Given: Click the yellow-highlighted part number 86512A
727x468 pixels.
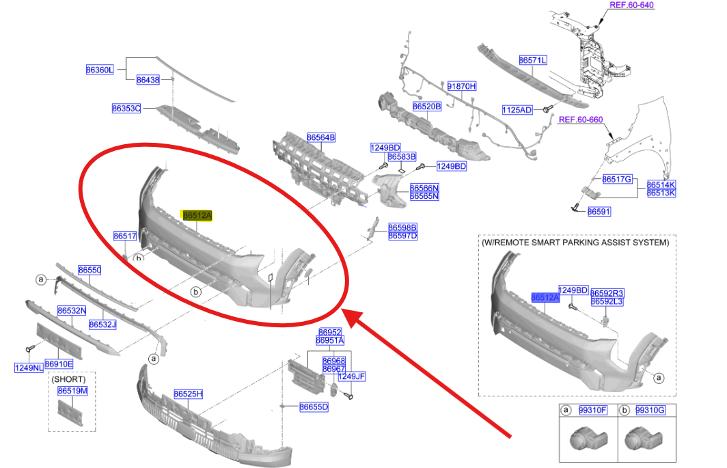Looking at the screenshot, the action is tap(197, 216).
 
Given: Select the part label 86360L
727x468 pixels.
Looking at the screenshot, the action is tap(100, 70).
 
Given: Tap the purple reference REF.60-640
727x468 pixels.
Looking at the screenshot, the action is tap(631, 5).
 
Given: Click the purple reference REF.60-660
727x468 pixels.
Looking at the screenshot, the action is tap(581, 120).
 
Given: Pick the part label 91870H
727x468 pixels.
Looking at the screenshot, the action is tap(462, 86).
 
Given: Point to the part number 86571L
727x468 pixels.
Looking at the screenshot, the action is tap(533, 60).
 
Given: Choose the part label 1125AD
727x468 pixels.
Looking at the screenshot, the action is tap(517, 110).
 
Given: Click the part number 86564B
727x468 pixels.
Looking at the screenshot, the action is tap(321, 138).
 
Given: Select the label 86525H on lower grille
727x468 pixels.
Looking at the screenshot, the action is tap(189, 394).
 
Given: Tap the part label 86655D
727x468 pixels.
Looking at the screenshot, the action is tap(314, 407).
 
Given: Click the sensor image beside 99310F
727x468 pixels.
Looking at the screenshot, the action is tap(588, 439).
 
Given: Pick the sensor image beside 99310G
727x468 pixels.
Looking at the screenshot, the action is tap(643, 439).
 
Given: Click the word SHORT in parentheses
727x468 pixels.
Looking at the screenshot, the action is tap(68, 379).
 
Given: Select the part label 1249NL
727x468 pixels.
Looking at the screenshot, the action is tap(29, 368).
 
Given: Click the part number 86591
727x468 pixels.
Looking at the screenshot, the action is tap(599, 212).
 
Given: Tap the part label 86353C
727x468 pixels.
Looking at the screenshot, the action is tap(126, 109).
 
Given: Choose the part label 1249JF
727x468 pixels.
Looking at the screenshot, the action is tap(351, 376).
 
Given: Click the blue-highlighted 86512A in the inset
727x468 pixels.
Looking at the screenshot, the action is tap(545, 298).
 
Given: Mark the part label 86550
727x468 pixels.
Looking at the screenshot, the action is tap(90, 271).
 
